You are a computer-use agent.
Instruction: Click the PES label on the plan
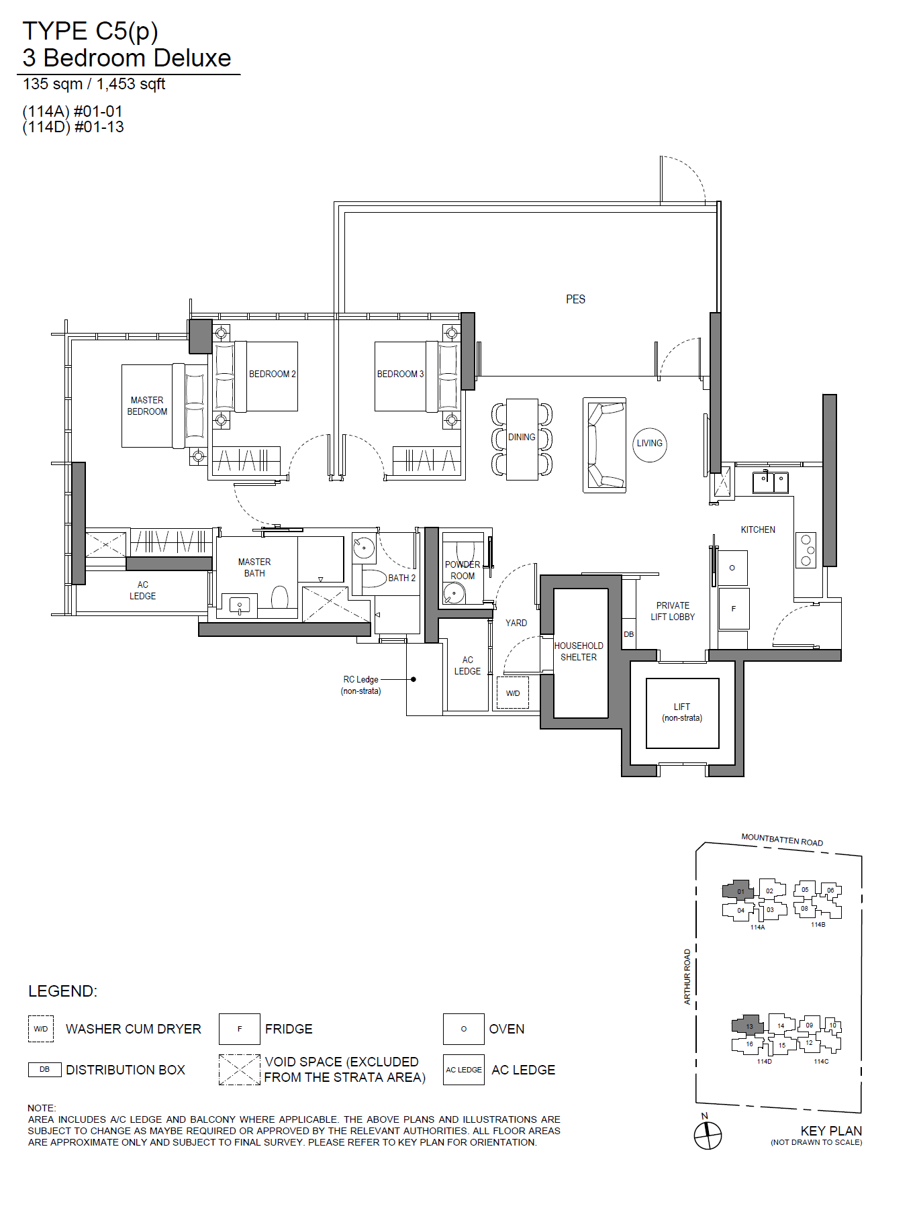pos(575,299)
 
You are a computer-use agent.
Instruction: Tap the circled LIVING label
pos(650,444)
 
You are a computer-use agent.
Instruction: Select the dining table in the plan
pos(522,440)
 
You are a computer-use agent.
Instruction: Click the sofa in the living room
pos(605,446)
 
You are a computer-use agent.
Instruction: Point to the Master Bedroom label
pos(147,406)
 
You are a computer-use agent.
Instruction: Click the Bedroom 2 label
pos(273,374)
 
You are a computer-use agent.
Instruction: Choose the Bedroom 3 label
pos(400,374)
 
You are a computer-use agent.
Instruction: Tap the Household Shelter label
pos(579,652)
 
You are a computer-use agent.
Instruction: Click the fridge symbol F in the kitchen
pos(734,609)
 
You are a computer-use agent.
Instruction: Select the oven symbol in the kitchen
pos(732,568)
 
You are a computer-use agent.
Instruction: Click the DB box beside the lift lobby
pos(629,634)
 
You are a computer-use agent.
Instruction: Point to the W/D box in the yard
pos(513,693)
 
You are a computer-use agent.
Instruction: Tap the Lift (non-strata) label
pos(682,712)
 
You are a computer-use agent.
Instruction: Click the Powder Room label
pos(463,570)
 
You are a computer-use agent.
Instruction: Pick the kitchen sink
pos(771,482)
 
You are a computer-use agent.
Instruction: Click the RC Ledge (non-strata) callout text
pos(361,685)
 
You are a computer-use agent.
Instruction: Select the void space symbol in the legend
pos(240,1070)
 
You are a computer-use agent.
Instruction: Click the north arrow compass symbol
pos(708,1136)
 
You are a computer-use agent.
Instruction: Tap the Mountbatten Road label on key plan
pos(782,840)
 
